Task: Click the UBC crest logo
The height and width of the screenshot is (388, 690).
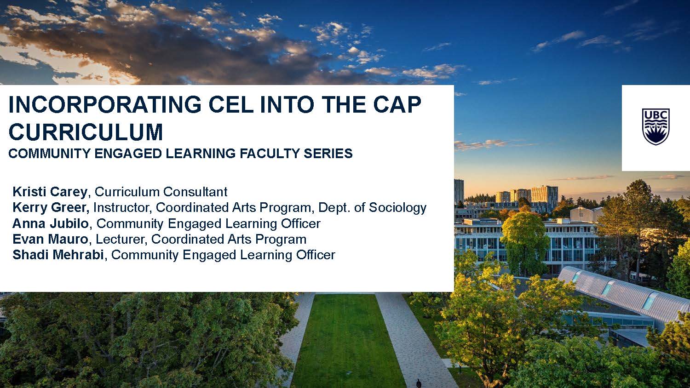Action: pyautogui.click(x=655, y=126)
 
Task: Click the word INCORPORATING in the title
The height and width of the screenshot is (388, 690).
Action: pyautogui.click(x=105, y=105)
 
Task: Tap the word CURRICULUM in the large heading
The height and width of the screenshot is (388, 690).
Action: pyautogui.click(x=86, y=132)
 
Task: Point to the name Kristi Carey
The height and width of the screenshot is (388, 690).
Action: pyautogui.click(x=50, y=192)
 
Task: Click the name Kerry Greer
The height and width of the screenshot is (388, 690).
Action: pyautogui.click(x=51, y=207)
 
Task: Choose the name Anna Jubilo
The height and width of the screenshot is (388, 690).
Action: pyautogui.click(x=51, y=223)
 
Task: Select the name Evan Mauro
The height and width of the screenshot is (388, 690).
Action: pyautogui.click(x=50, y=239)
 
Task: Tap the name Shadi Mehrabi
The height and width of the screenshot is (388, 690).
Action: pyautogui.click(x=58, y=255)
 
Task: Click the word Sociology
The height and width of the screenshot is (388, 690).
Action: pyautogui.click(x=398, y=208)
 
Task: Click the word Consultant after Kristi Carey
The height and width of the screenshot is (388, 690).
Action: pyautogui.click(x=195, y=192)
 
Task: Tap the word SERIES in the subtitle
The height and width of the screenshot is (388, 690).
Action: pyautogui.click(x=328, y=154)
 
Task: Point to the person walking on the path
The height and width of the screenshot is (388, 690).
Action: pyautogui.click(x=419, y=383)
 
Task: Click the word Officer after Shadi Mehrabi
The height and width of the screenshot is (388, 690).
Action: pyautogui.click(x=316, y=255)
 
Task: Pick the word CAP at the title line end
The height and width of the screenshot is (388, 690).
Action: pyautogui.click(x=397, y=105)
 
